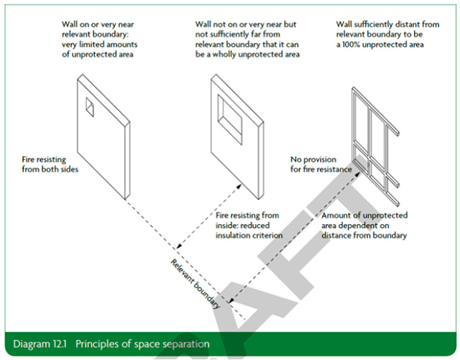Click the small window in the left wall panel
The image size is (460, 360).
click(89, 106)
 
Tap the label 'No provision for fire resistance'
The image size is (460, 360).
click(321, 165)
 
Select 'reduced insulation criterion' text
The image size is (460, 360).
click(249, 235)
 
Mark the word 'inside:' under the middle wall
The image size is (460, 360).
click(230, 225)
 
